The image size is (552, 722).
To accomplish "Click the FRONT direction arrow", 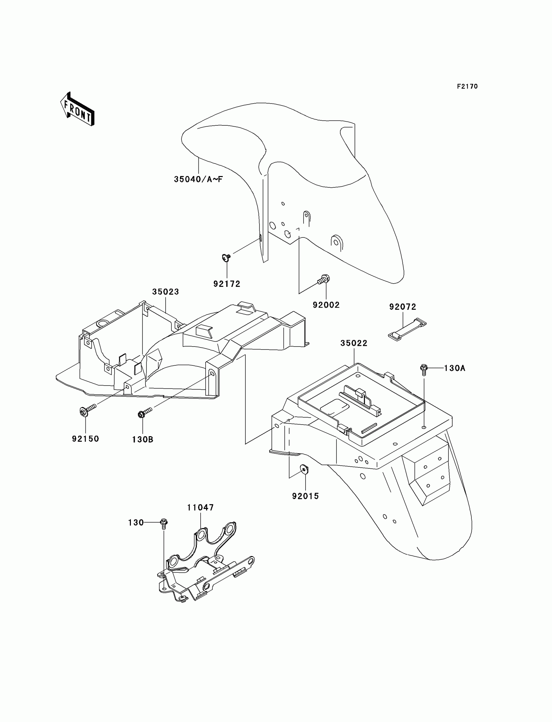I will coord(78,109).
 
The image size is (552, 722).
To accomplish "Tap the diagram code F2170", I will coord(467,86).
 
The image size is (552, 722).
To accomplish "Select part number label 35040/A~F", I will coord(198,179).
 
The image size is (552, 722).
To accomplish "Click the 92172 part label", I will coord(227,284).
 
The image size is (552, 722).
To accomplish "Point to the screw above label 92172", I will coord(226,257).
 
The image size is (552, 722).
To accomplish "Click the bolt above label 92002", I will coord(324,280).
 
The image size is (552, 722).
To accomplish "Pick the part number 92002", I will coord(326,305).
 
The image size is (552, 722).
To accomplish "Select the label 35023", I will coord(165,292).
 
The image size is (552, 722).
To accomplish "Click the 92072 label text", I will coord(403,307).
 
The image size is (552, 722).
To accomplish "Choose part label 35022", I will coord(354,343).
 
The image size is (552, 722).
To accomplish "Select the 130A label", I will coord(454,368).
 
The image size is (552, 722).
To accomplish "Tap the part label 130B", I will coord(143,439).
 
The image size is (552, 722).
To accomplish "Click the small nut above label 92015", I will coord(305,469).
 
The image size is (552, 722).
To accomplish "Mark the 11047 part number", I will coord(200,507).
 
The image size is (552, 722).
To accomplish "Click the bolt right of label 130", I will coord(164,523).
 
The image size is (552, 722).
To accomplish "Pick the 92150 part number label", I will coord(85,439).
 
